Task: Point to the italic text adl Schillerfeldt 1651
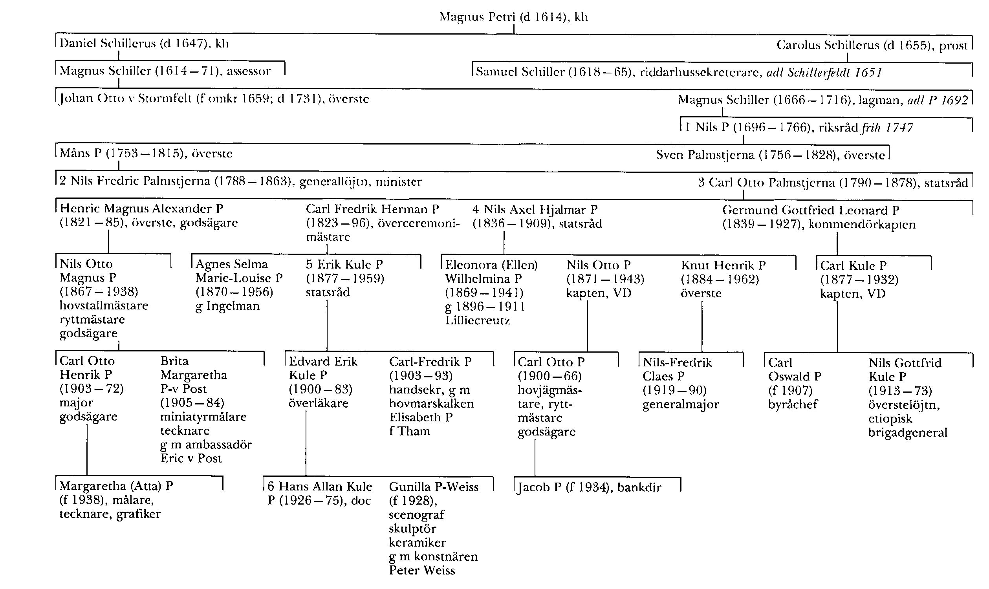823,72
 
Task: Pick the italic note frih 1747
887,127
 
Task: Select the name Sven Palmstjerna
705,154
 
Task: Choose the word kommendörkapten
862,225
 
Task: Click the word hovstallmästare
104,305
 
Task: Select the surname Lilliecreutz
477,320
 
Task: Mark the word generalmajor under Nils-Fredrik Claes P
681,405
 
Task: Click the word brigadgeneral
908,432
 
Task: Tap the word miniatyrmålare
203,417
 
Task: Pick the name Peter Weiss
422,570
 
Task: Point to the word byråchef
793,404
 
